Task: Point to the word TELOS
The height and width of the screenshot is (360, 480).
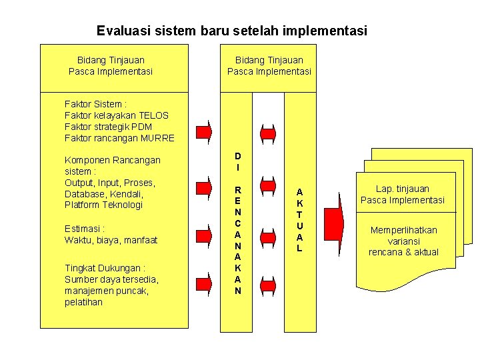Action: [154, 115]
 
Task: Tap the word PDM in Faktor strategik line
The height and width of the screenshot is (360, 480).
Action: [142, 127]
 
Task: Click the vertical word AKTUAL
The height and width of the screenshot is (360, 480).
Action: [299, 219]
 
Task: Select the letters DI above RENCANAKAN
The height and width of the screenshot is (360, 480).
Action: [238, 161]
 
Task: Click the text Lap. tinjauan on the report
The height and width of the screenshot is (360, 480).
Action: [402, 189]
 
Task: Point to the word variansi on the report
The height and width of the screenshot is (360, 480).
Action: [403, 241]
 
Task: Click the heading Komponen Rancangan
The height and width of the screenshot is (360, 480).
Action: [112, 160]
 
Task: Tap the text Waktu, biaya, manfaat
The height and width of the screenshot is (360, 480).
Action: [111, 239]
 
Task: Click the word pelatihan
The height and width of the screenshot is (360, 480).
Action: [83, 302]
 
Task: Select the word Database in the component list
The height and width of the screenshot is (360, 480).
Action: [86, 193]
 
